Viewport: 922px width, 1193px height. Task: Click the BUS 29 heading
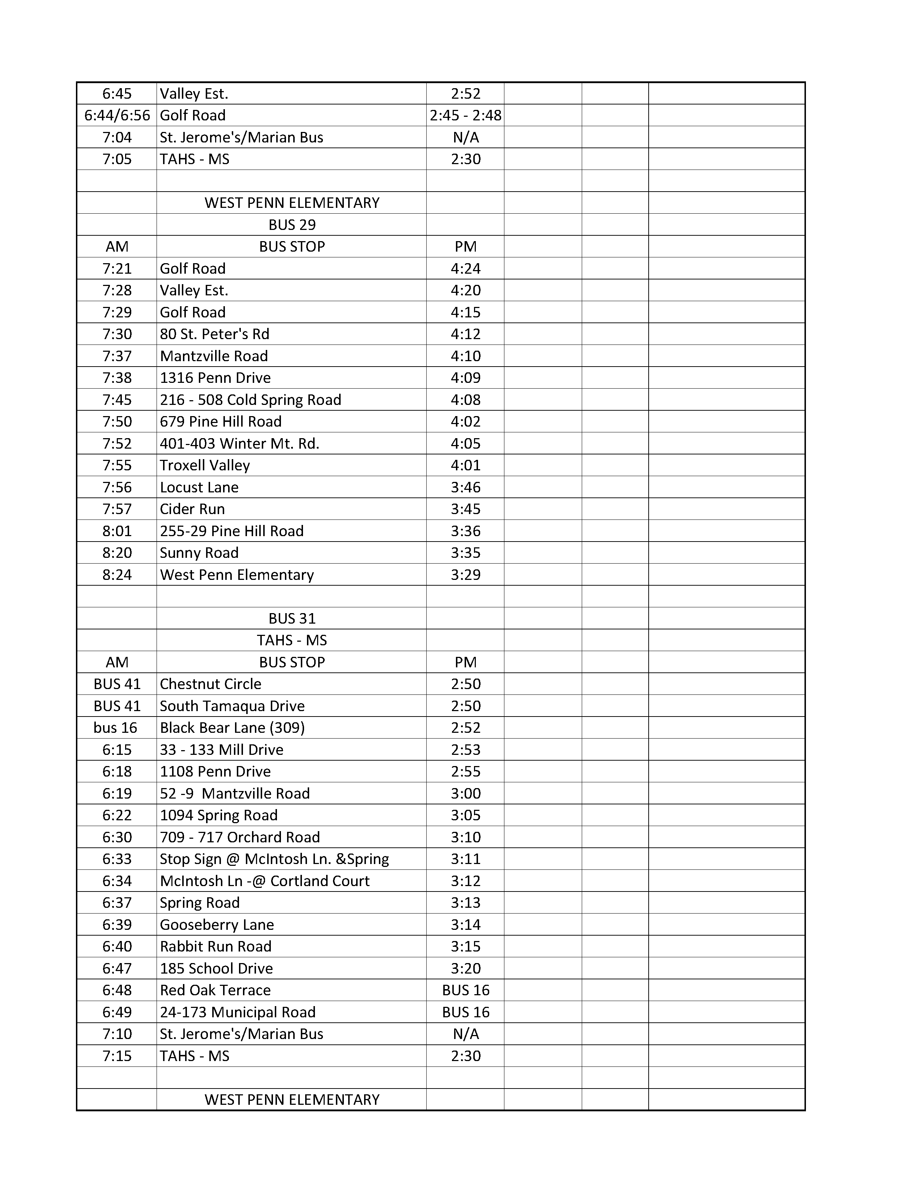point(292,225)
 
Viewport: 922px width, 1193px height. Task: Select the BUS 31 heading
point(292,618)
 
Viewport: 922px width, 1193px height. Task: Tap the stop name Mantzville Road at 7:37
point(214,356)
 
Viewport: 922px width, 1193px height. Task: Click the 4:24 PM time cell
point(465,269)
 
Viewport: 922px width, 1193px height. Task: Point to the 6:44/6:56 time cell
point(117,115)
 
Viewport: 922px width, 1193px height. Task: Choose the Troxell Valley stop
point(205,465)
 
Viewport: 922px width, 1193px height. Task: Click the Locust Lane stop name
point(199,487)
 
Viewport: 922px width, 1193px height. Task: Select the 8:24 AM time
point(117,575)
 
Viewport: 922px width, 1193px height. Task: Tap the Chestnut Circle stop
point(210,684)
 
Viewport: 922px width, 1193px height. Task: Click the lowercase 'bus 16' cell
point(115,728)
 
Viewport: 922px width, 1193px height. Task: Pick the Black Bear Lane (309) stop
point(232,728)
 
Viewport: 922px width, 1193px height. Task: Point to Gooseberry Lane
point(217,924)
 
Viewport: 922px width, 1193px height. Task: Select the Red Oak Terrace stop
point(215,990)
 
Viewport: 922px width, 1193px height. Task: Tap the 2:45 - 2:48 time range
point(465,115)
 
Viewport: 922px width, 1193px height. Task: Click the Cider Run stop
point(192,509)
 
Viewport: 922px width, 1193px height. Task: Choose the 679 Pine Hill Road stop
point(221,422)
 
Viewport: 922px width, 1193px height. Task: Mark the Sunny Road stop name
point(199,553)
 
